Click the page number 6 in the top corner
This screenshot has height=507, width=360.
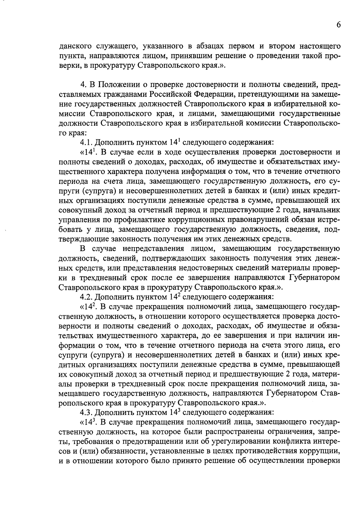tap(338, 25)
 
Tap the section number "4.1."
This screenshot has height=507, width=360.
tap(87, 142)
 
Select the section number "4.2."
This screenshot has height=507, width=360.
tap(87, 297)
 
